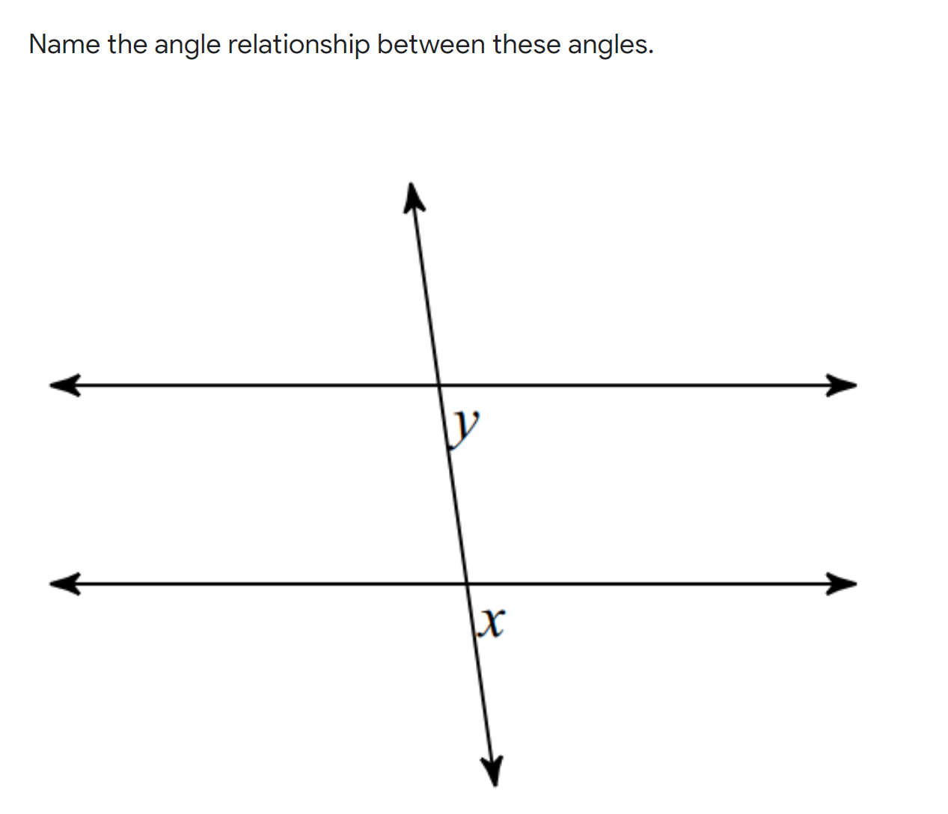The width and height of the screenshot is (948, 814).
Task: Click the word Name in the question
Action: (64, 45)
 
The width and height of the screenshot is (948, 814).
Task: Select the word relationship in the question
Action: (299, 46)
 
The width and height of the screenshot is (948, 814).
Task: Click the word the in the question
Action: (127, 45)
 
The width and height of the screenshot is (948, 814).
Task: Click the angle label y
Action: (468, 426)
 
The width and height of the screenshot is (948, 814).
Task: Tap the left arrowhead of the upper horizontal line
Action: (63, 385)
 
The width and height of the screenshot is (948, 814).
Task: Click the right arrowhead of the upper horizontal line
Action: (843, 385)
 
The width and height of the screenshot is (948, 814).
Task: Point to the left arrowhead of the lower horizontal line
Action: (63, 583)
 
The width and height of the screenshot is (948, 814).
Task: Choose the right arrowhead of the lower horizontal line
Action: (843, 583)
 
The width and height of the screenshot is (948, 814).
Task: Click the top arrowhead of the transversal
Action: (412, 196)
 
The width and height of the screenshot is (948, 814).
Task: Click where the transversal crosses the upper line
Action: (439, 385)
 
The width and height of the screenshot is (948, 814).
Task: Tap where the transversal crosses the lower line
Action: (467, 583)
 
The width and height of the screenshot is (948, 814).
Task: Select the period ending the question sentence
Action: (650, 52)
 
